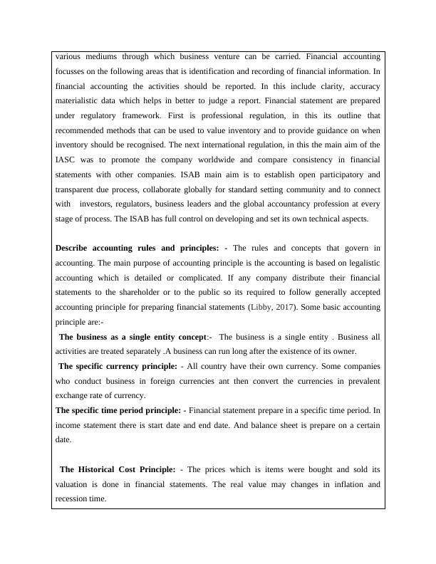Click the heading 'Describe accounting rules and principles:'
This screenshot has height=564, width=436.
[x=137, y=248]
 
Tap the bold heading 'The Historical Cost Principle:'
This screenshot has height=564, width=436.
[x=118, y=469]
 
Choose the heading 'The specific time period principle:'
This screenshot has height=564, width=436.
[x=118, y=410]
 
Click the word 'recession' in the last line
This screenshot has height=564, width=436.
[x=73, y=499]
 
